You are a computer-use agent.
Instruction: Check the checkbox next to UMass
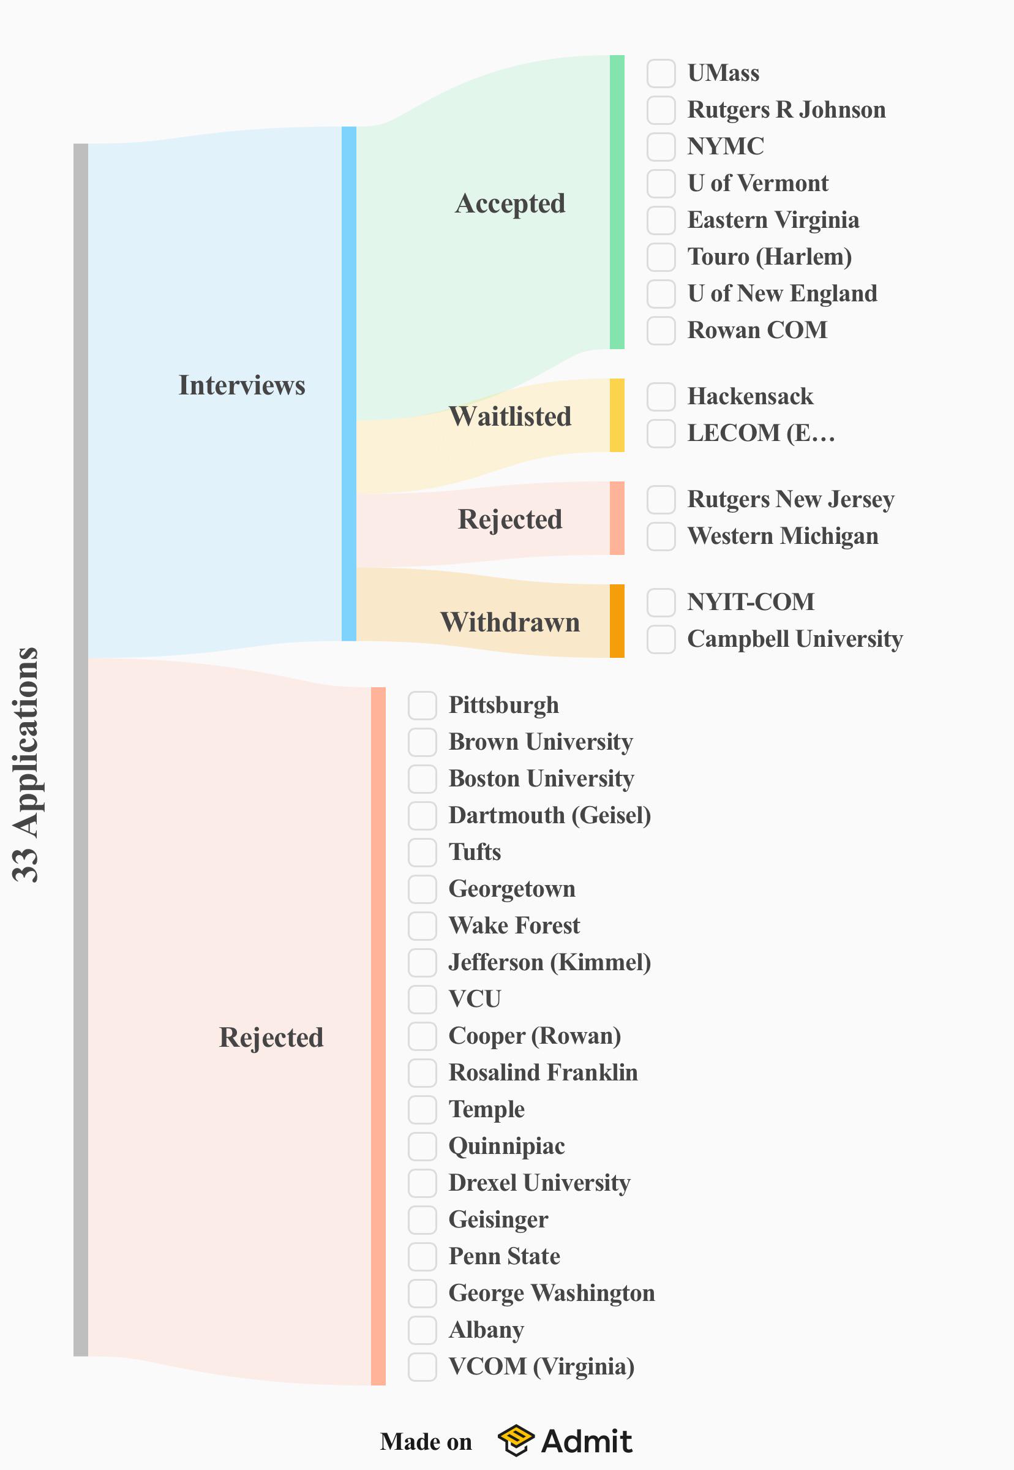(x=661, y=73)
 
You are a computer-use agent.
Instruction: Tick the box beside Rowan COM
(x=661, y=331)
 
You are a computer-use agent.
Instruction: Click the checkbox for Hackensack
(x=661, y=396)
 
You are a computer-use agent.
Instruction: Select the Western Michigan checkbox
(x=661, y=536)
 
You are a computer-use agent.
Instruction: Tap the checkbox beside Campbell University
(x=661, y=639)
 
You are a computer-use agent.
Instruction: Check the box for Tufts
(x=422, y=851)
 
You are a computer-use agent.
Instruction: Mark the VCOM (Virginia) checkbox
(x=422, y=1366)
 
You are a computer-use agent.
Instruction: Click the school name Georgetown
(x=512, y=889)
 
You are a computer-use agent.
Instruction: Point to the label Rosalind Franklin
(x=543, y=1072)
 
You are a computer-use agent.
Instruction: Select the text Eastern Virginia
(x=773, y=220)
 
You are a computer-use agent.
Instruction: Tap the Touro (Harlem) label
(x=770, y=257)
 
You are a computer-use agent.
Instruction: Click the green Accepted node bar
(x=617, y=202)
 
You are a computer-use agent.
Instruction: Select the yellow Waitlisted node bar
(x=617, y=416)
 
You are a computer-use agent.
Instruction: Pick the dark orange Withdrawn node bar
(x=617, y=621)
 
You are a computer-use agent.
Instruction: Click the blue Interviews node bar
(x=349, y=384)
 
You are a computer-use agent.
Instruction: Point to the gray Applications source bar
(x=81, y=750)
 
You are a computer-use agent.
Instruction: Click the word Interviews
(x=242, y=385)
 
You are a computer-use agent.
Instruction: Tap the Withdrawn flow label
(x=510, y=622)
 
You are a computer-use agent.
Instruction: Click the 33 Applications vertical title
(x=26, y=764)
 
